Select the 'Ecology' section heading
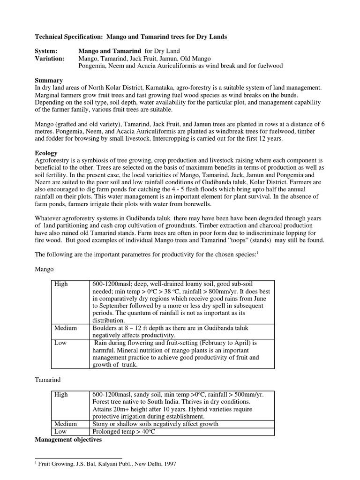point(46,153)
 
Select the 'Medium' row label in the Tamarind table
point(66,424)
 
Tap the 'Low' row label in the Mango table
point(60,343)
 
